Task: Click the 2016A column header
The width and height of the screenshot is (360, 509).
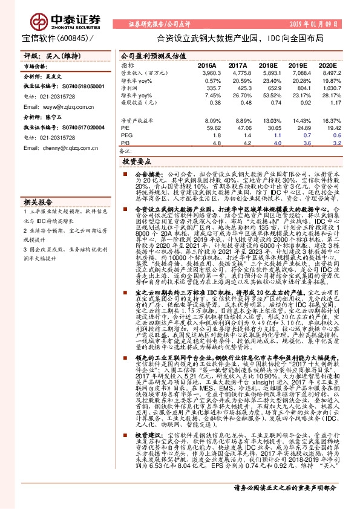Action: (206, 65)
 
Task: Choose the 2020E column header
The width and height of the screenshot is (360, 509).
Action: (327, 65)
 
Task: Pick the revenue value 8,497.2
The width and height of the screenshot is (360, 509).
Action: (327, 73)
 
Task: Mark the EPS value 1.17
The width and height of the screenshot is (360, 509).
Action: (331, 103)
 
